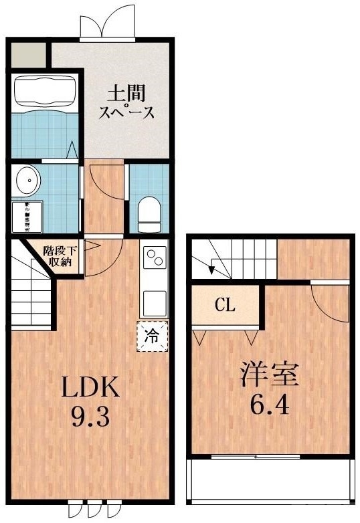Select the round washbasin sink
27,180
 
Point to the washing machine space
27,216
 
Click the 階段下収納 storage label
60,257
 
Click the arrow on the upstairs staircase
212,270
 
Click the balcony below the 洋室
270,480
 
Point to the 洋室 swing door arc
328,301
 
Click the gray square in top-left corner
28,54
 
